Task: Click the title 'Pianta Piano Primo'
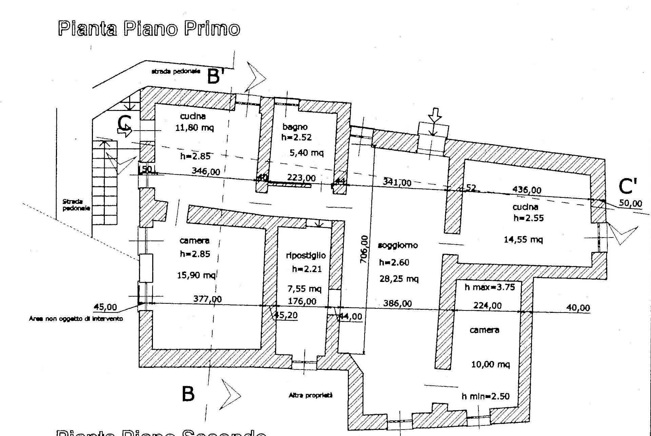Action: (x=149, y=29)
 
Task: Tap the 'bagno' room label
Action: (x=295, y=127)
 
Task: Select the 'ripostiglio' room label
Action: (x=305, y=255)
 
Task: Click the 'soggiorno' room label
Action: (x=398, y=245)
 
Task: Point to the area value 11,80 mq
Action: (x=195, y=128)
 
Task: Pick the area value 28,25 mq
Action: (x=399, y=279)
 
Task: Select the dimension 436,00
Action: (x=527, y=190)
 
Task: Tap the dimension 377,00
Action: (x=208, y=299)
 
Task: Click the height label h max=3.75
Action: (x=490, y=287)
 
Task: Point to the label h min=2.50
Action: (x=486, y=396)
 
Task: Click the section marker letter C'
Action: (x=628, y=186)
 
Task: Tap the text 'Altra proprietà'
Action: (x=311, y=395)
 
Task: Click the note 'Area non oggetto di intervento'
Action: (x=76, y=319)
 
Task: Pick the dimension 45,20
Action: (x=285, y=315)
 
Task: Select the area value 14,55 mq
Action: (x=523, y=240)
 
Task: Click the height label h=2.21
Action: (x=307, y=269)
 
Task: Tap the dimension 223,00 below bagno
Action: (x=301, y=178)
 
